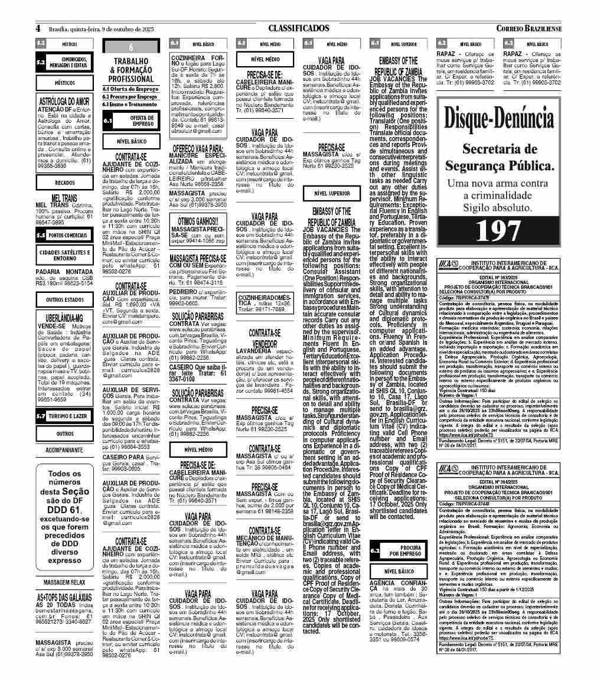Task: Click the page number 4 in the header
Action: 38,28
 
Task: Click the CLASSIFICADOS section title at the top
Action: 298,28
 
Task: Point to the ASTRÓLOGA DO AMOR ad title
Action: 66,101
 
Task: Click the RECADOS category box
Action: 65,183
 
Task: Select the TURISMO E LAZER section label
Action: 70,416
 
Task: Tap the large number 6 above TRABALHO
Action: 131,47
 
